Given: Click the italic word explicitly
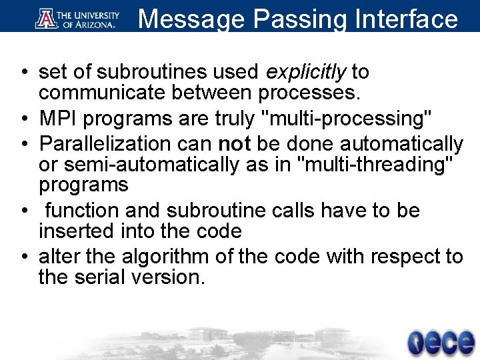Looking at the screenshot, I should [307, 71].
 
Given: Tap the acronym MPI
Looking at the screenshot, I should [57, 119].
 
